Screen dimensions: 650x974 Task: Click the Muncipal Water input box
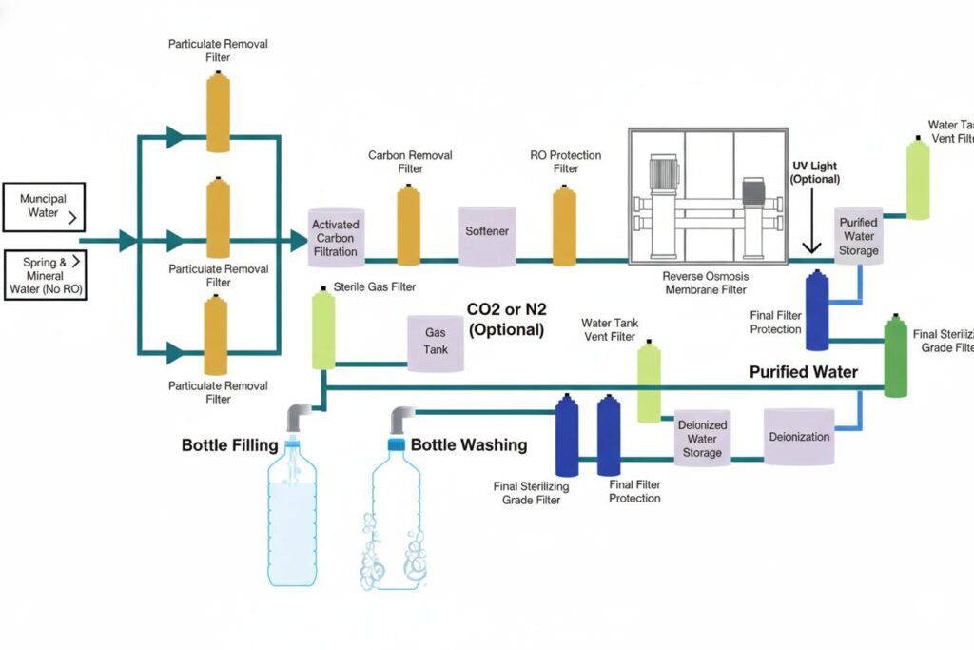(x=44, y=207)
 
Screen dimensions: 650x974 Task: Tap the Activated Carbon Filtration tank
(x=335, y=237)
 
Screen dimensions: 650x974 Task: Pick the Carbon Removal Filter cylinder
(x=409, y=226)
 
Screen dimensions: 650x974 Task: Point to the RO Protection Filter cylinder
(x=565, y=226)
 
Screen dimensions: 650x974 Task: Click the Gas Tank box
(x=436, y=342)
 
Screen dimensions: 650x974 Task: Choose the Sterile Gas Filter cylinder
(x=323, y=331)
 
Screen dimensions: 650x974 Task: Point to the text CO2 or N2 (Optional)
(x=505, y=321)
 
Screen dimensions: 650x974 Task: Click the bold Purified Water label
(x=803, y=372)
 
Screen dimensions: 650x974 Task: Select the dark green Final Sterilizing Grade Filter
(x=895, y=359)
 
